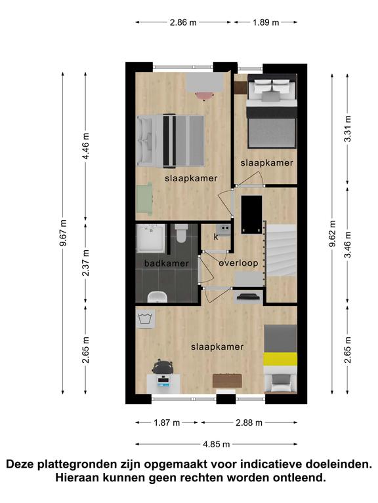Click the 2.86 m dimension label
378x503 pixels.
click(x=183, y=22)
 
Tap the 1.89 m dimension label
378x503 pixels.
click(x=266, y=22)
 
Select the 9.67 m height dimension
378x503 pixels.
click(x=63, y=233)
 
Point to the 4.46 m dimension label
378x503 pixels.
click(x=85, y=146)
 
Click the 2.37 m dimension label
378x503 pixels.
click(x=85, y=263)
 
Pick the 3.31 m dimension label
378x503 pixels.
click(x=347, y=128)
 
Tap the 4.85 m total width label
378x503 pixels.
click(x=217, y=444)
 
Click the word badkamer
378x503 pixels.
click(x=166, y=263)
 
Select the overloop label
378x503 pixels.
click(x=238, y=263)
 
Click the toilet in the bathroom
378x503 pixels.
click(x=182, y=233)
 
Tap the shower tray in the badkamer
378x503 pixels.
click(x=151, y=238)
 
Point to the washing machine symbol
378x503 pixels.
click(x=146, y=319)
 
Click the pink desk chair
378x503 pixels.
click(x=205, y=96)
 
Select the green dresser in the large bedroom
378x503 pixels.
click(x=144, y=198)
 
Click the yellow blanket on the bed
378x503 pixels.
click(x=280, y=359)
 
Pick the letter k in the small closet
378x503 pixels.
click(x=216, y=237)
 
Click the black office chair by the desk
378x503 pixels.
click(x=163, y=367)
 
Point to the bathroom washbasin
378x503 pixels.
click(x=157, y=297)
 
